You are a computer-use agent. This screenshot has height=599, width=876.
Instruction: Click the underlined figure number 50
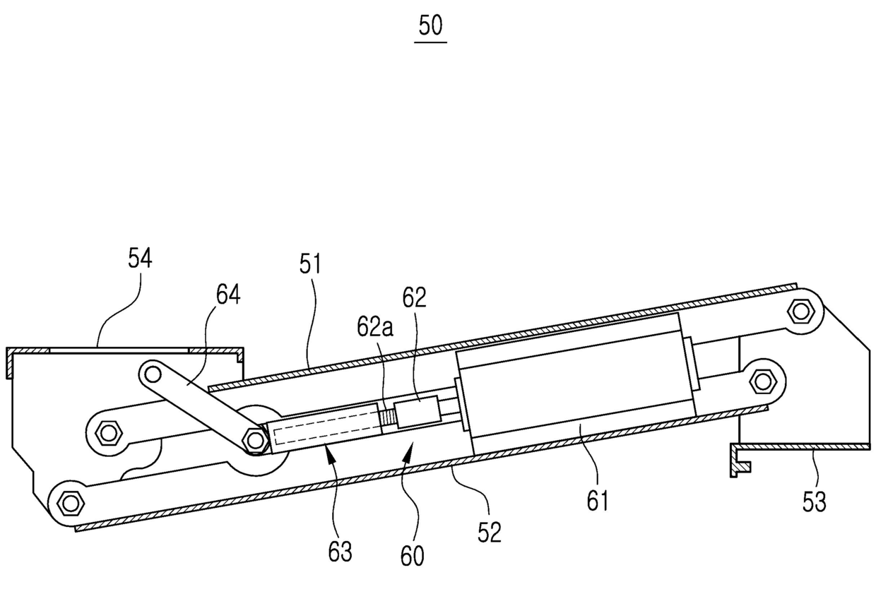tap(431, 27)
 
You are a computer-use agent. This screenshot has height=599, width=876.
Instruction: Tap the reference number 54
tap(140, 259)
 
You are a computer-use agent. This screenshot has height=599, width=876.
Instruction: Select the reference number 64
tap(227, 295)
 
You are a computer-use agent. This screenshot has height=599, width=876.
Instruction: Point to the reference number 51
tap(309, 265)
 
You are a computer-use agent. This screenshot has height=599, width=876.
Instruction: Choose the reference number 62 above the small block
tap(415, 297)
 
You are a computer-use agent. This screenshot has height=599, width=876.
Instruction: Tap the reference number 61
tap(597, 502)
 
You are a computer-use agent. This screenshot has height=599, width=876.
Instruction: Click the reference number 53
tap(814, 502)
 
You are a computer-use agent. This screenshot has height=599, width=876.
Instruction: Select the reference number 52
tap(489, 532)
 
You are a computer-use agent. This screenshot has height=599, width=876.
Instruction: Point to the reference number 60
tap(413, 555)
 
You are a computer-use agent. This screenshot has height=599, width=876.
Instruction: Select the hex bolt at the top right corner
tap(800, 310)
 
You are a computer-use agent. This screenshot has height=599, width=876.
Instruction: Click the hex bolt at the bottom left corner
tap(69, 503)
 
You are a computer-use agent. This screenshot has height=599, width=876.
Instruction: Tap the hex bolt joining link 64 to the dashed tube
tap(254, 440)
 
